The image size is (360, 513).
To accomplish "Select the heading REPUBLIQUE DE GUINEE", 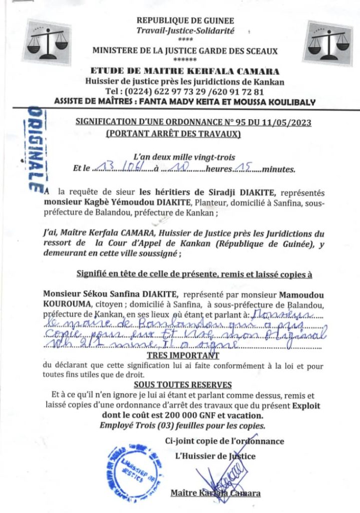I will point(185,21).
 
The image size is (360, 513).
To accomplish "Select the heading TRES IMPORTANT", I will point(183,356).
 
